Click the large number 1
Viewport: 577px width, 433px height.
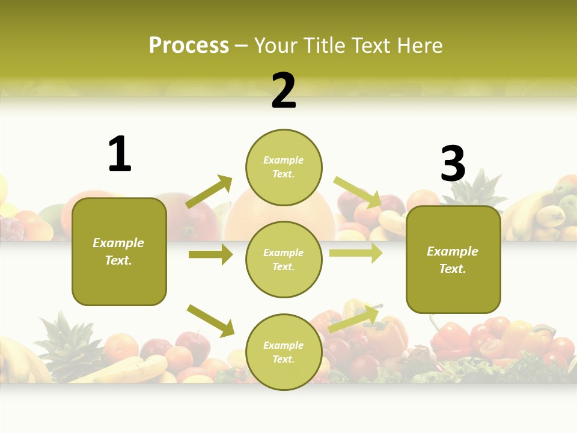point(120,155)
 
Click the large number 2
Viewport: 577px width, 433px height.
point(284,91)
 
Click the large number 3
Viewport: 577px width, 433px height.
point(453,164)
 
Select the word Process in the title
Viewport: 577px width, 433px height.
point(189,45)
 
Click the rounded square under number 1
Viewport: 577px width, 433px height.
point(119,251)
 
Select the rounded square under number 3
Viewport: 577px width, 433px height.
point(453,259)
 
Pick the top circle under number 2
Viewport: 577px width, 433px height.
point(284,167)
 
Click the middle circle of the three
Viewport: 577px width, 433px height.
point(284,259)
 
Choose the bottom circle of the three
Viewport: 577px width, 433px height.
point(284,352)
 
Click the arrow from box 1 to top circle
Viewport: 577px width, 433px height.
point(209,192)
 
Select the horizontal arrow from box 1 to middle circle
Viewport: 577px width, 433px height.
point(210,254)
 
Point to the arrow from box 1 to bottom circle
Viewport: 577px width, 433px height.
point(210,320)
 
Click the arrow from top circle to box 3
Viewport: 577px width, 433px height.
point(357,192)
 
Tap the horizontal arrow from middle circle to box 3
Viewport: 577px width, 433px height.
point(356,253)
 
